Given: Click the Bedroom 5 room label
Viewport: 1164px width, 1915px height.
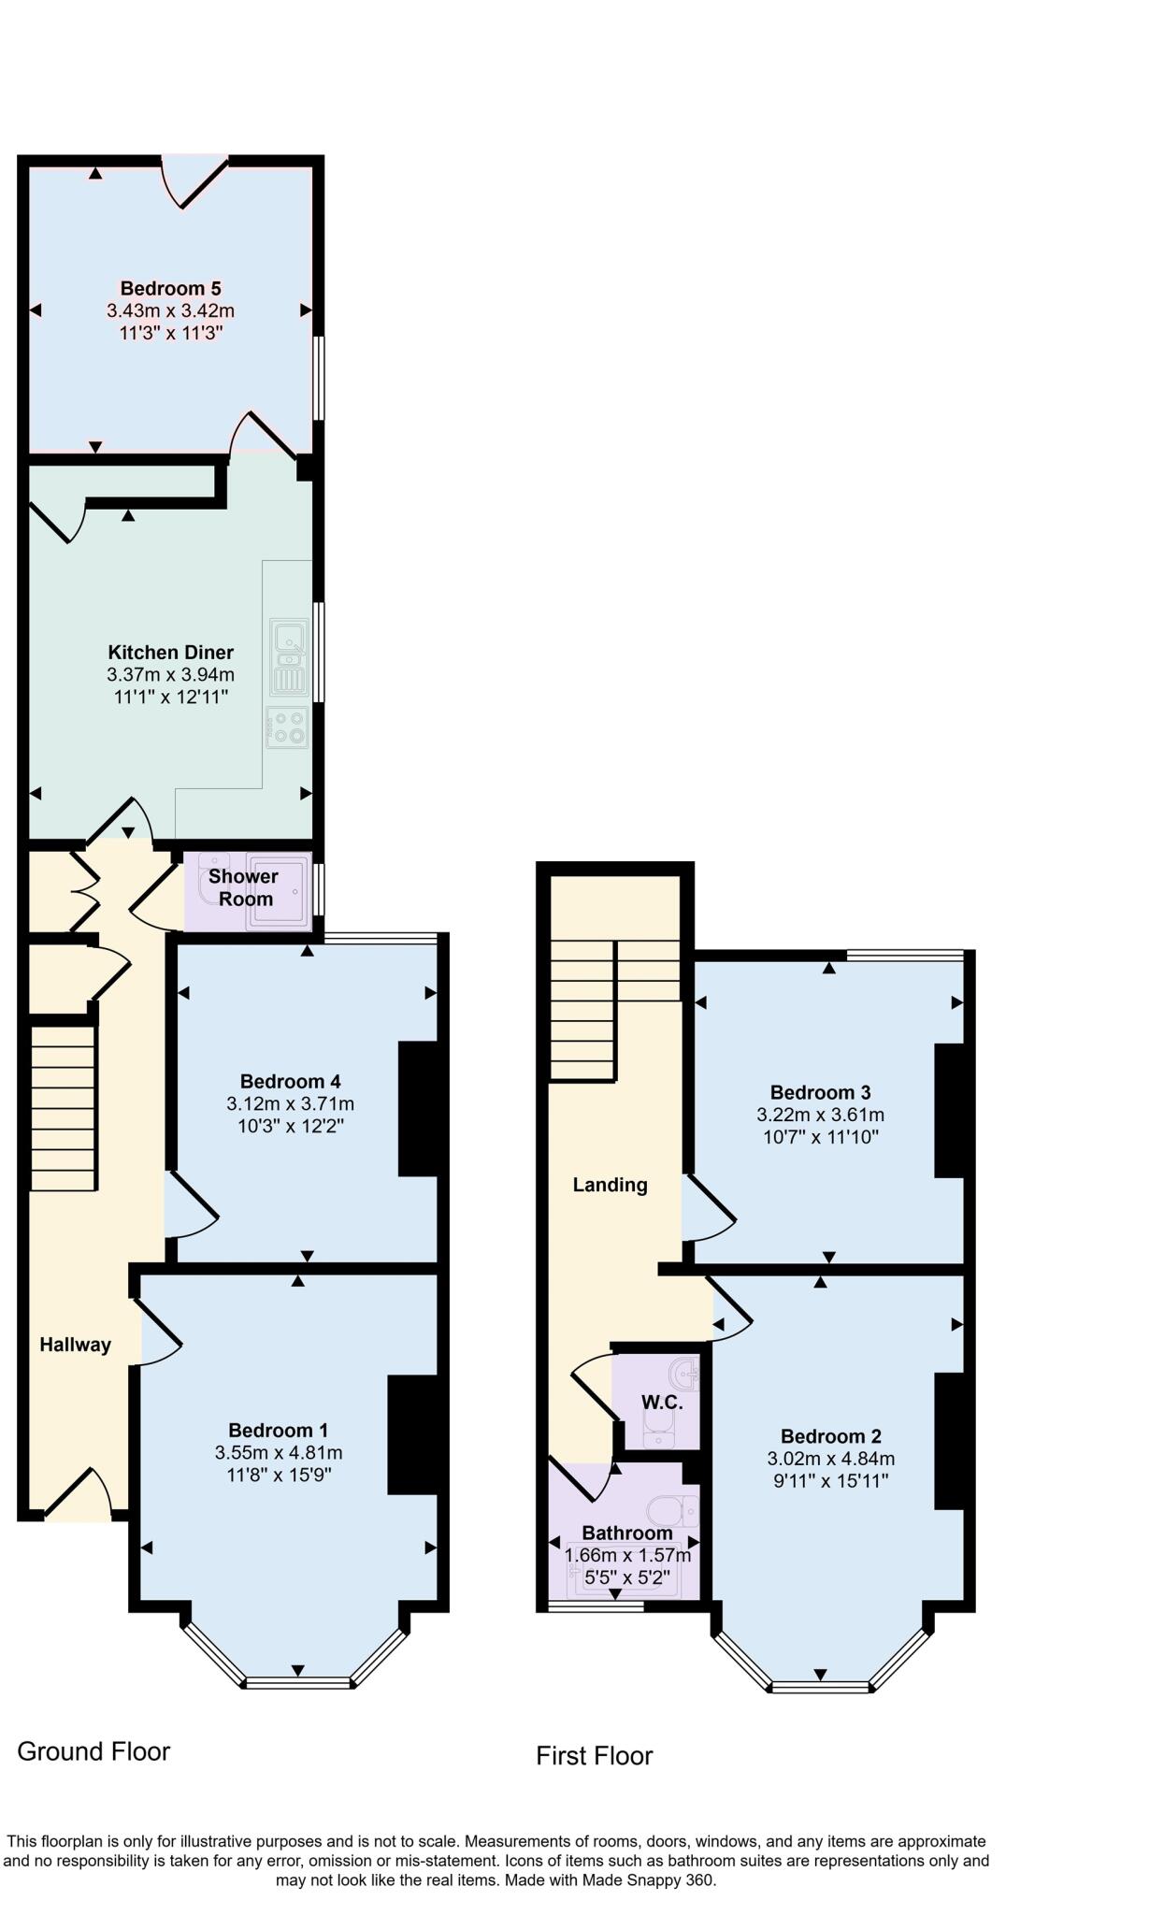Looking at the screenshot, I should click(x=170, y=288).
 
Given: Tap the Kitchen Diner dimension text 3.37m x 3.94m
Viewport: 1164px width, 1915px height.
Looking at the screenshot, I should click(x=170, y=675).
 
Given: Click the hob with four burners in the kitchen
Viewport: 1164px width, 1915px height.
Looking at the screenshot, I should click(x=287, y=728).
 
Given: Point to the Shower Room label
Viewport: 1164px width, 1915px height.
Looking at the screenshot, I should click(x=243, y=887).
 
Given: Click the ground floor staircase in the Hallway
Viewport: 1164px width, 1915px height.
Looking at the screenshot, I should click(x=64, y=1109).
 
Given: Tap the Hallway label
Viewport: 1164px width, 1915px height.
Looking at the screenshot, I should click(x=75, y=1345).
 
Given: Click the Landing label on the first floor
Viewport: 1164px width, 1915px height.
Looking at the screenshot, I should click(x=610, y=1185).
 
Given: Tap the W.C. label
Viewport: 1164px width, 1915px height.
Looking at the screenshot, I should click(x=661, y=1403).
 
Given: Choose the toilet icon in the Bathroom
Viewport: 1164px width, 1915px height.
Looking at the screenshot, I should click(x=672, y=1510).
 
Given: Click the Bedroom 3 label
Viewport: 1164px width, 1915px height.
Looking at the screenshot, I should click(x=820, y=1092).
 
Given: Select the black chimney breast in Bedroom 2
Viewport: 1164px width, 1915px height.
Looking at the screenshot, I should click(x=949, y=1441).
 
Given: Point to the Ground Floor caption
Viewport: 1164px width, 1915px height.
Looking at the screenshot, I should click(x=93, y=1751).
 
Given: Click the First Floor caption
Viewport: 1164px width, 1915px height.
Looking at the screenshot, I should click(x=594, y=1756).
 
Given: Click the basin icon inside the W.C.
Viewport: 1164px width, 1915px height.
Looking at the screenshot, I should click(x=683, y=1374).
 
